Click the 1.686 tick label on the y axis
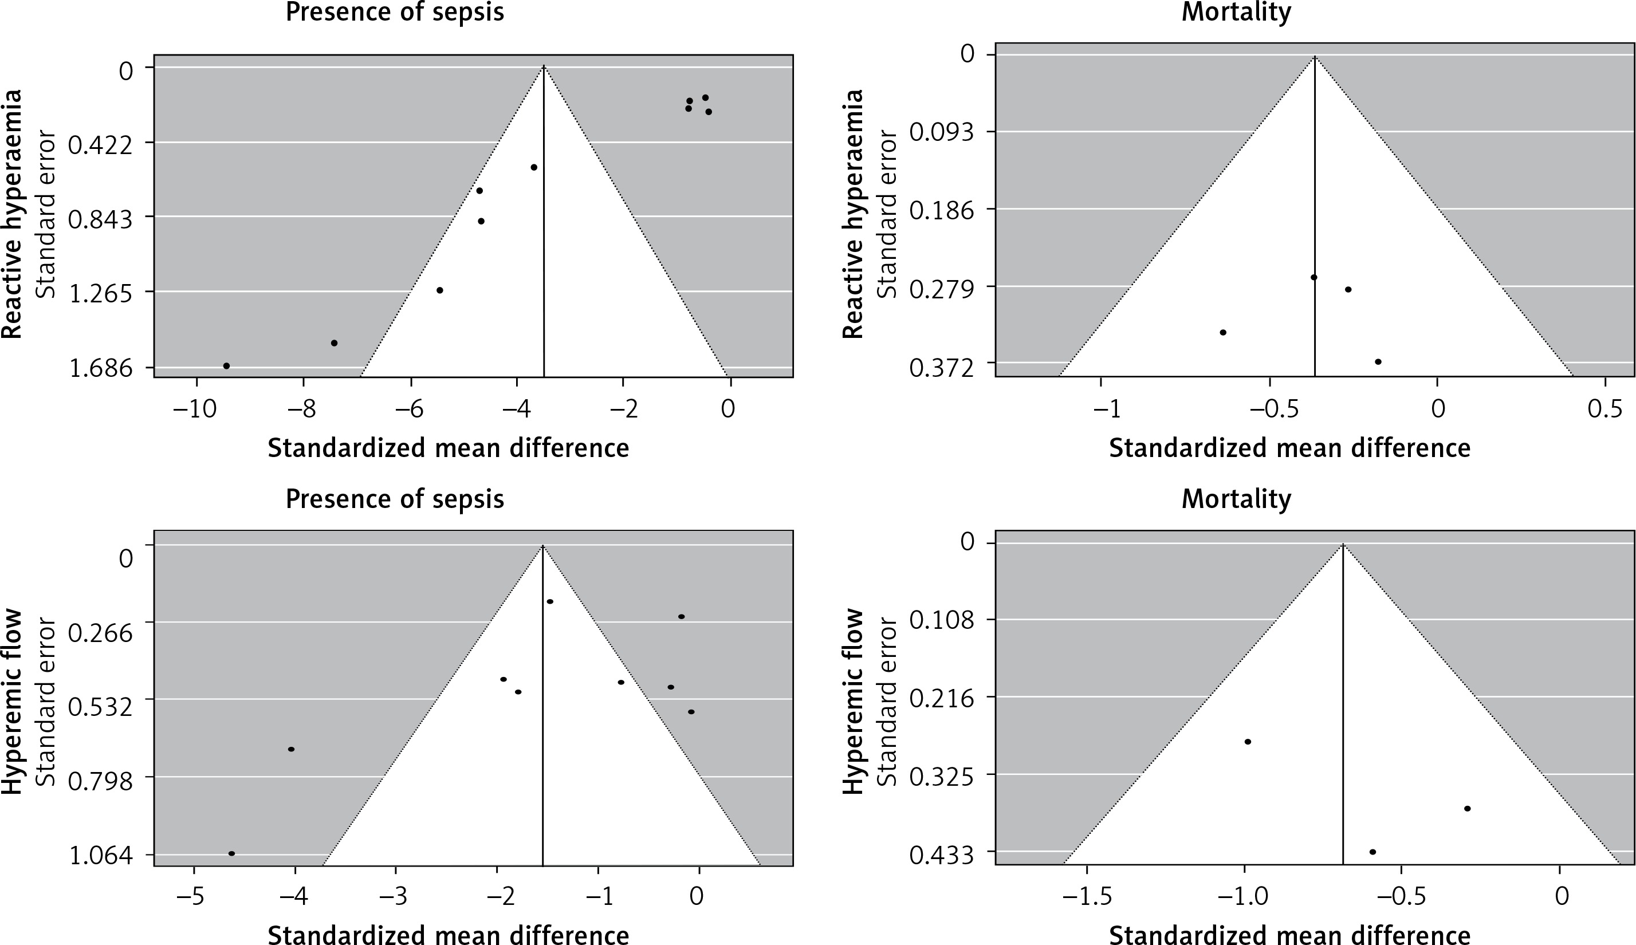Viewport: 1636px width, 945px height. [101, 369]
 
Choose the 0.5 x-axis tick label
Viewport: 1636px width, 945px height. [1604, 409]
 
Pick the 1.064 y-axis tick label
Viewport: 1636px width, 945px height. [101, 856]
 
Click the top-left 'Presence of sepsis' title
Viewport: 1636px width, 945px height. [395, 13]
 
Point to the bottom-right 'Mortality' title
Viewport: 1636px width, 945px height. [1236, 498]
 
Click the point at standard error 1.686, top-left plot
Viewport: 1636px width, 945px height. [226, 366]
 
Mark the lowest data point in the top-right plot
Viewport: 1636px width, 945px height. [1378, 361]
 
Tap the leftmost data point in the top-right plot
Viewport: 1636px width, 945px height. [1222, 332]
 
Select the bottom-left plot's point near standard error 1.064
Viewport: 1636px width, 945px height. [231, 853]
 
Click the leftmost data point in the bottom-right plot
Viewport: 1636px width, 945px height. [1247, 742]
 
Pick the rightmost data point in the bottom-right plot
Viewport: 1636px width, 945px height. [1467, 809]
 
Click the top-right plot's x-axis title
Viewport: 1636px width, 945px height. [1289, 448]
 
